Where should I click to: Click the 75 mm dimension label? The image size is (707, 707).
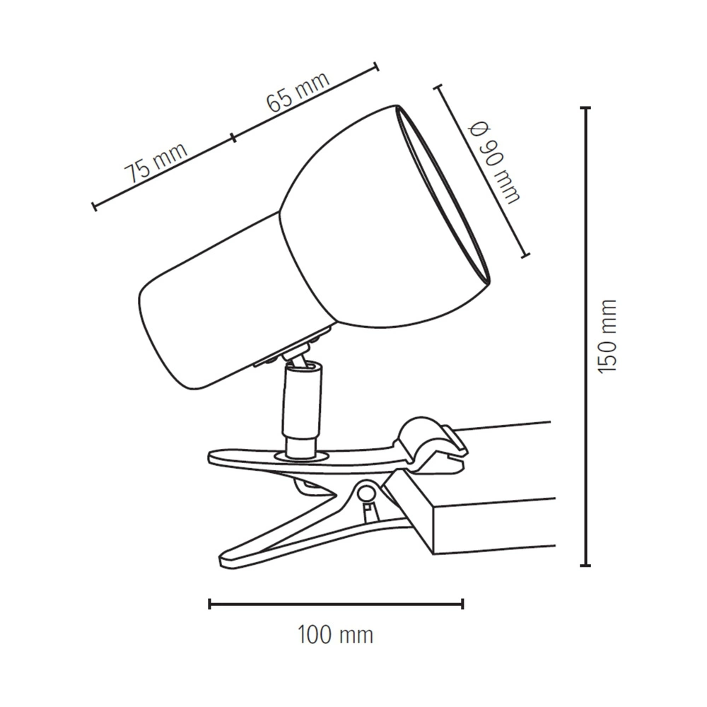(x=156, y=163)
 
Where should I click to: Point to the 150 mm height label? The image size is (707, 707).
(x=607, y=336)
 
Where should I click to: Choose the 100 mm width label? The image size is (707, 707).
(x=335, y=636)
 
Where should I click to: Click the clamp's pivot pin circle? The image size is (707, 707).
(x=366, y=493)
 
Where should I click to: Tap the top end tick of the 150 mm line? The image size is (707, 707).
(x=585, y=108)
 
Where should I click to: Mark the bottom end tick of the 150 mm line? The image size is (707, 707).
(x=585, y=565)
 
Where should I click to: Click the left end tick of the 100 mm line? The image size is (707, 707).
(x=210, y=604)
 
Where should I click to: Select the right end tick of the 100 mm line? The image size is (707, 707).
(x=463, y=604)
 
